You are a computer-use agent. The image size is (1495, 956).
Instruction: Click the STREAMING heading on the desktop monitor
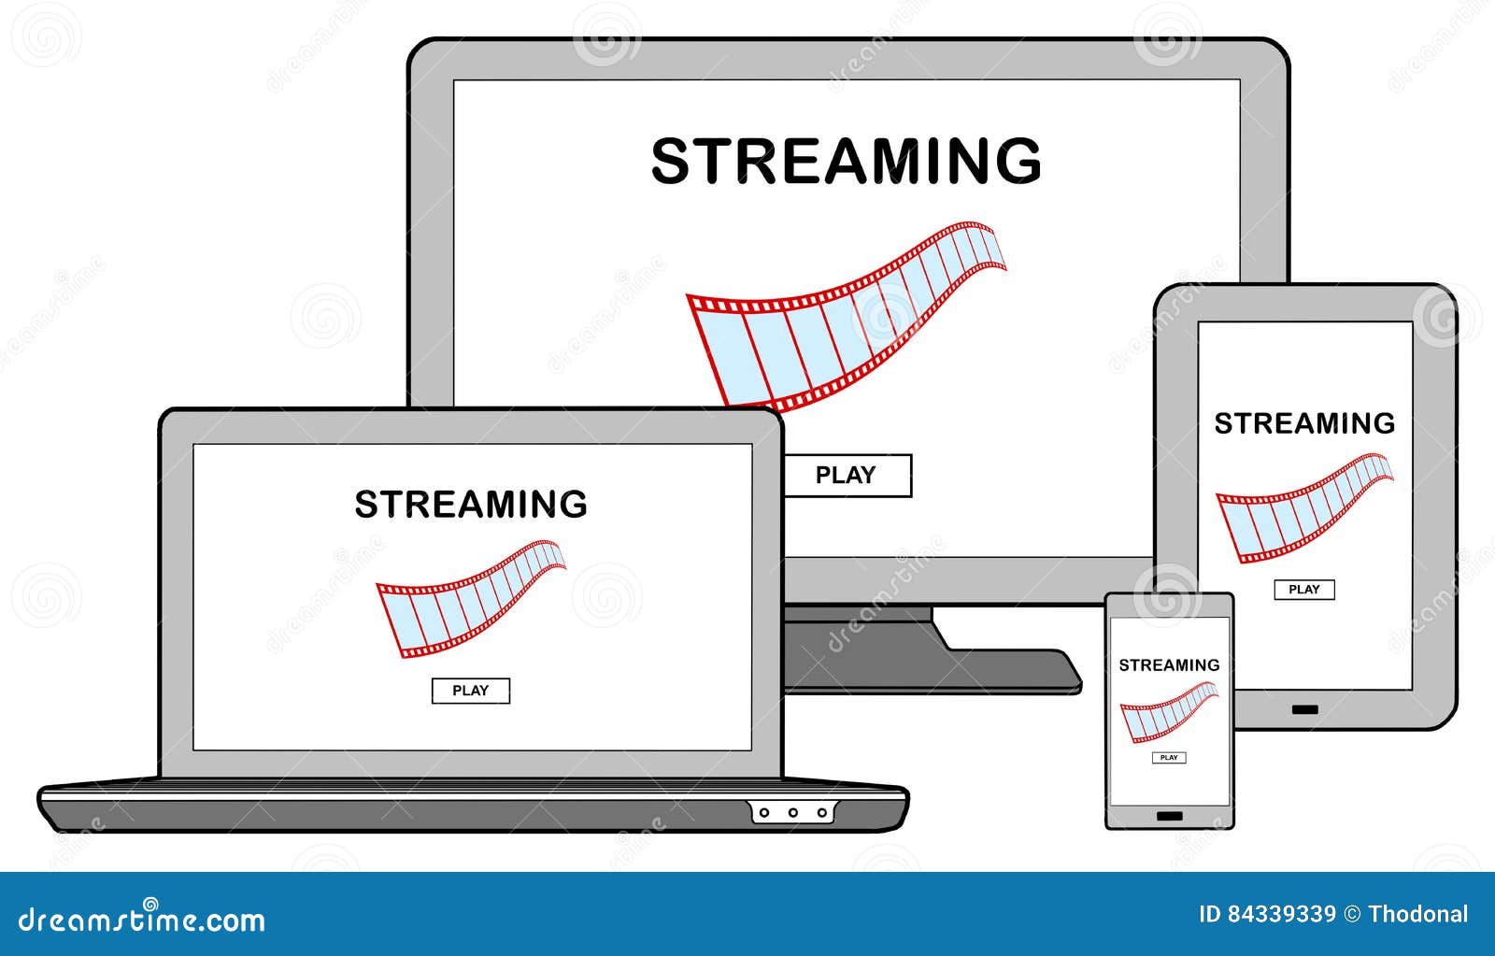[x=846, y=161]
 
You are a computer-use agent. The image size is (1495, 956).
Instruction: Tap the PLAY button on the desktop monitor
[x=846, y=475]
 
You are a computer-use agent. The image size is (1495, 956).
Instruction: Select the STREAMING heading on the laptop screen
[x=471, y=505]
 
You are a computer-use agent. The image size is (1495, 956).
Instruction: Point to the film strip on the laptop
[x=470, y=598]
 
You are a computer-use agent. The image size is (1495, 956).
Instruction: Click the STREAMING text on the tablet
[x=1304, y=424]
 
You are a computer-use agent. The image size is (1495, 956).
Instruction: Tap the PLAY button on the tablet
[x=1304, y=590]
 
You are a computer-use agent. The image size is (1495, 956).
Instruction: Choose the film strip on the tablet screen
[x=1303, y=507]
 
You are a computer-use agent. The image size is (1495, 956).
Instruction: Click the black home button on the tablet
[x=1305, y=710]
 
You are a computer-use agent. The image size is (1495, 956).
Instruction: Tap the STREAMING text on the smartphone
[x=1169, y=665]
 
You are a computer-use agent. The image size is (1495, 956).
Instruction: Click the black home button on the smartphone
[x=1169, y=816]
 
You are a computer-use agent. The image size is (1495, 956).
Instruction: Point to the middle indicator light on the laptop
[x=793, y=813]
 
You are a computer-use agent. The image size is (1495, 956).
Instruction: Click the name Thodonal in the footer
[x=1417, y=914]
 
